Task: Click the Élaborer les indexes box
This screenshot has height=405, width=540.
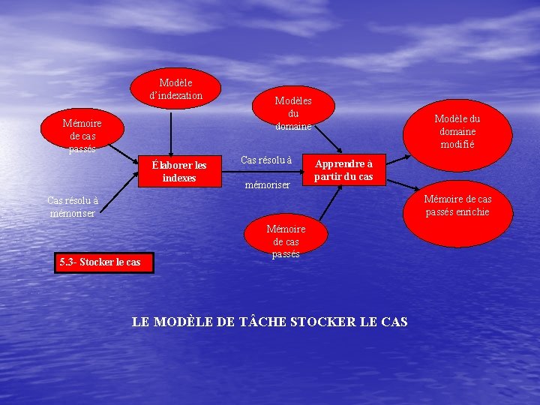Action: pos(179,171)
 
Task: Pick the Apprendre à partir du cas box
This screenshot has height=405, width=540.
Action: pos(343,169)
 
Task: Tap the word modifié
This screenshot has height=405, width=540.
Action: pos(457,145)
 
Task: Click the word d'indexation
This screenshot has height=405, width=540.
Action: pos(175,96)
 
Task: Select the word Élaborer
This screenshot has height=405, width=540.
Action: pos(169,165)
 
